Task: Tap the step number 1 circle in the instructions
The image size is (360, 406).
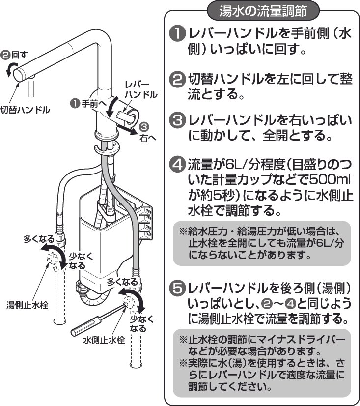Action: (x=175, y=34)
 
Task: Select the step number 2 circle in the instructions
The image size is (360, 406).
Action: (x=175, y=79)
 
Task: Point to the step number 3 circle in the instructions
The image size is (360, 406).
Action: (x=175, y=120)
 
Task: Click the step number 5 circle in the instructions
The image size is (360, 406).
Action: (x=175, y=288)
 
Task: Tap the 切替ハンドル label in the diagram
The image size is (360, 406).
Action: (x=25, y=110)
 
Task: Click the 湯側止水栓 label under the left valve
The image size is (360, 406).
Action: (x=27, y=305)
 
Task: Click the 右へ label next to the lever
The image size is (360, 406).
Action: (x=148, y=138)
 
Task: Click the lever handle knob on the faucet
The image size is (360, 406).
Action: (x=129, y=117)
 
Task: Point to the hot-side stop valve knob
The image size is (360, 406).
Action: (x=54, y=261)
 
